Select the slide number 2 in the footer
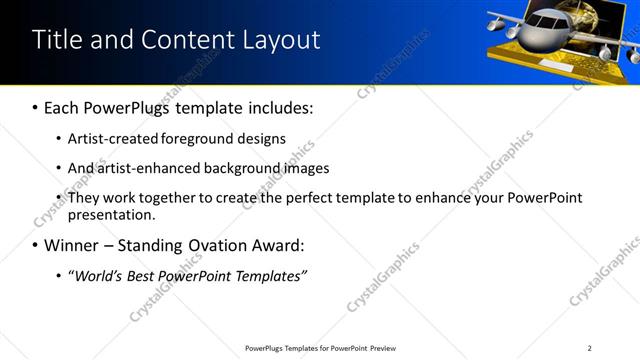click(589, 348)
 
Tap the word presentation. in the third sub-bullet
click(111, 214)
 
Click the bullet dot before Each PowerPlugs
click(35, 107)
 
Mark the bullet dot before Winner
click(35, 245)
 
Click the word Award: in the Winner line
click(275, 245)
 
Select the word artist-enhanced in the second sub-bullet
click(147, 168)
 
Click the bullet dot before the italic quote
click(59, 275)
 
